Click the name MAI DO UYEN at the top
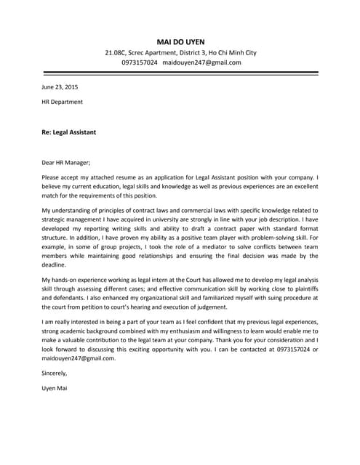[180, 41]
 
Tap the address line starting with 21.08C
[180, 53]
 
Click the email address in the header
[201, 62]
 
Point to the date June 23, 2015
[60, 87]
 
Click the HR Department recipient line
[62, 102]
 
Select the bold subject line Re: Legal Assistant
[69, 133]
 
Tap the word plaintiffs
[303, 288]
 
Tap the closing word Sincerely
[55, 373]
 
